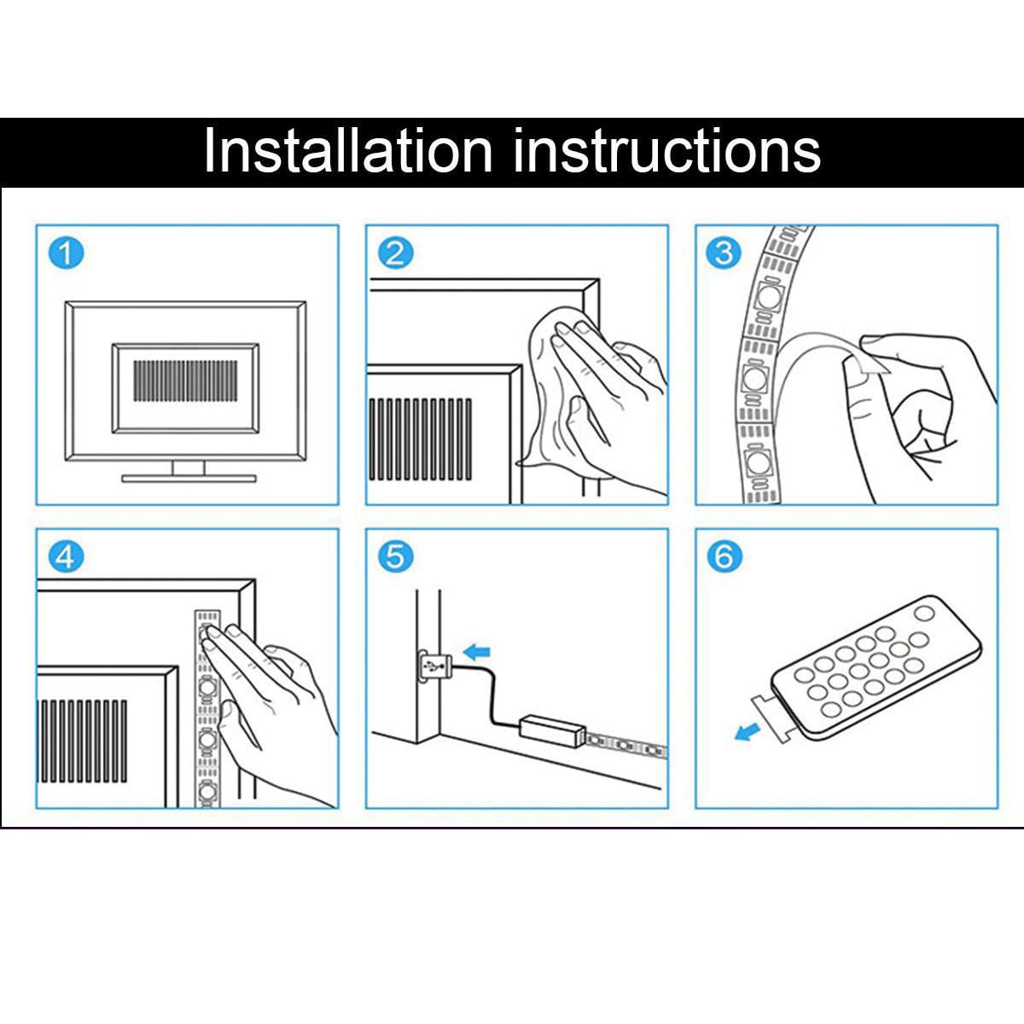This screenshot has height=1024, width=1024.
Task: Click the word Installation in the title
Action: pyautogui.click(x=348, y=150)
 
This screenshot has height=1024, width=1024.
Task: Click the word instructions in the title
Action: pyautogui.click(x=667, y=150)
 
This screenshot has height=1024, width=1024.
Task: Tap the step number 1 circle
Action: pyautogui.click(x=66, y=253)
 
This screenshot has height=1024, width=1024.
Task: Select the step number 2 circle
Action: pyautogui.click(x=395, y=253)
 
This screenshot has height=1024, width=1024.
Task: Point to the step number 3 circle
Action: pyautogui.click(x=724, y=253)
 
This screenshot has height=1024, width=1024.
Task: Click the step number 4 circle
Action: pyautogui.click(x=66, y=557)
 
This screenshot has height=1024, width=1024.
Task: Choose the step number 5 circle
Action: pyautogui.click(x=395, y=557)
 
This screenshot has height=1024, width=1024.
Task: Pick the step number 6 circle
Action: pyautogui.click(x=724, y=557)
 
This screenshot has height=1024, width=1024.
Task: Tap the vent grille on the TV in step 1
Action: pyautogui.click(x=185, y=381)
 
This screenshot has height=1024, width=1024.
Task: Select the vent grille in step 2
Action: pyautogui.click(x=421, y=439)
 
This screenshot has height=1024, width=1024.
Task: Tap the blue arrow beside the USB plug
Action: pyautogui.click(x=476, y=651)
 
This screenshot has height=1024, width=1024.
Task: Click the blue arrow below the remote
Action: pyautogui.click(x=748, y=733)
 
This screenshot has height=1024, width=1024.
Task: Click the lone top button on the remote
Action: pyautogui.click(x=924, y=614)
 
